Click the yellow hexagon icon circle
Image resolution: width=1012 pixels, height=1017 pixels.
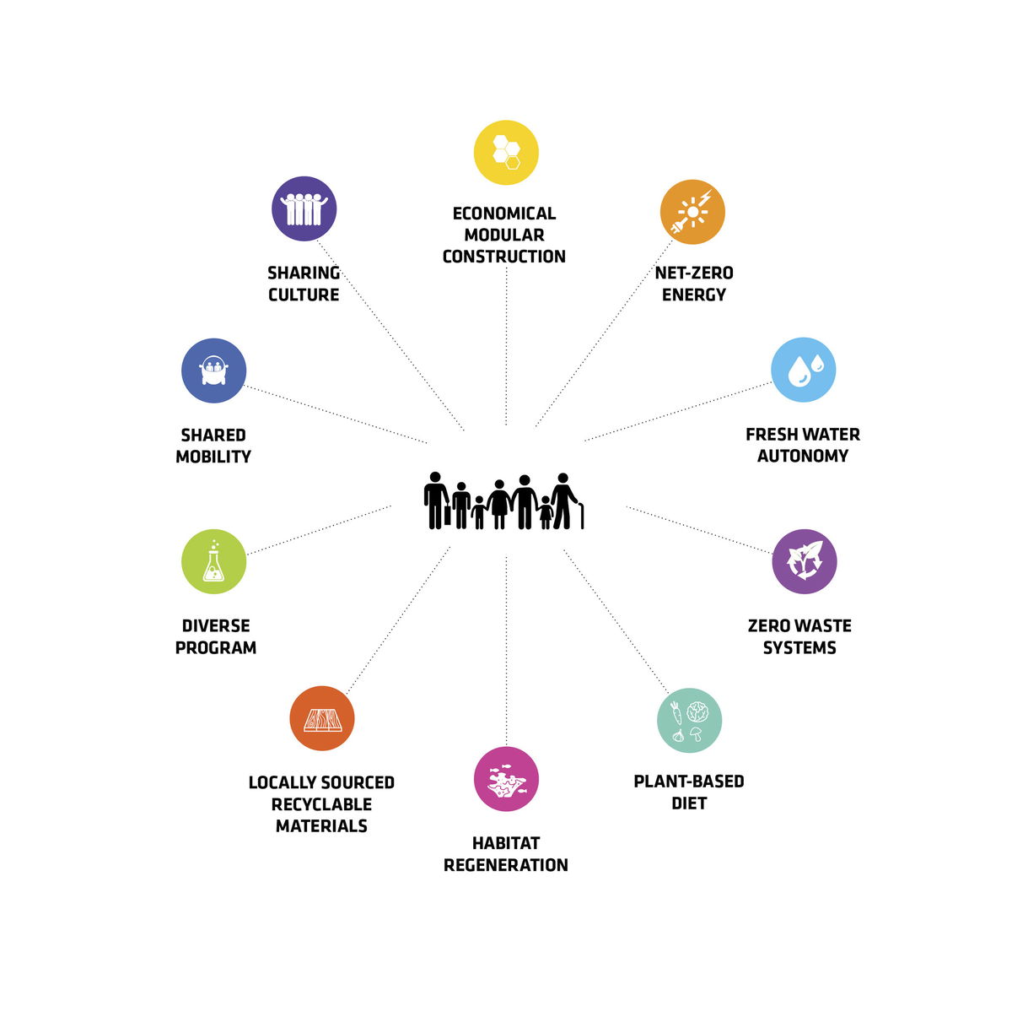[506, 153]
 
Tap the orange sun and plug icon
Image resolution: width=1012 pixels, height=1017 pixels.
[692, 212]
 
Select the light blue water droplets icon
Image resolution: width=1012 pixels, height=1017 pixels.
[803, 370]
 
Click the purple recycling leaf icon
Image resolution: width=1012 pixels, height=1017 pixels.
[804, 561]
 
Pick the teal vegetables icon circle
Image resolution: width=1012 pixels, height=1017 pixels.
[689, 720]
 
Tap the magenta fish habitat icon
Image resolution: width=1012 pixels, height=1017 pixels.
[506, 778]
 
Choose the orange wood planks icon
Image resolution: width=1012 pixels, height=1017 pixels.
[321, 717]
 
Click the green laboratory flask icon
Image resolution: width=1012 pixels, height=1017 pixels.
[213, 561]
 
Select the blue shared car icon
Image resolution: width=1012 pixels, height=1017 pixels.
[213, 370]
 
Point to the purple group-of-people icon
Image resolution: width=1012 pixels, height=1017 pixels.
[304, 208]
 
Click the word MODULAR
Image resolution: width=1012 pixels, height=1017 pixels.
[503, 235]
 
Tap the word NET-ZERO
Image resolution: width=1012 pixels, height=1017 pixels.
[693, 273]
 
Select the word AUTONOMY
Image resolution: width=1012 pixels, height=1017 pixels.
[802, 456]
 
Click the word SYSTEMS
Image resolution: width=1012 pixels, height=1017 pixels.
[799, 647]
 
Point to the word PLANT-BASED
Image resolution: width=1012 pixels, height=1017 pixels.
[688, 781]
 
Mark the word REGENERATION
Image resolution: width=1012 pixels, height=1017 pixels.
[505, 865]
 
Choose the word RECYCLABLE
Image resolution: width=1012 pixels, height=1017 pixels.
[321, 804]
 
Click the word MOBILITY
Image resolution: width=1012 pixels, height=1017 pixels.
[213, 457]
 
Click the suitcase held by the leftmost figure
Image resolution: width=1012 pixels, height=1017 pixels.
[447, 515]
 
